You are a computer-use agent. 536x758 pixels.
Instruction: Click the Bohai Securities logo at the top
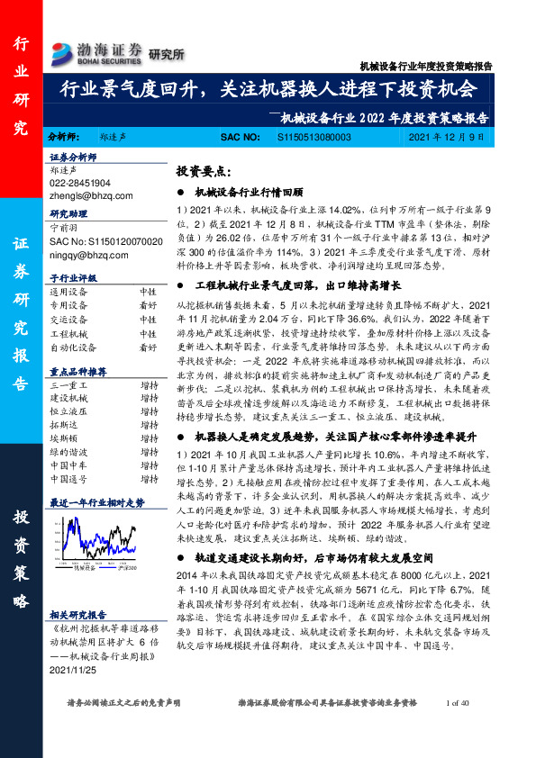coord(97,51)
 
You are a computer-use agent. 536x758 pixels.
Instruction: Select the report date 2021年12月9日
coord(452,137)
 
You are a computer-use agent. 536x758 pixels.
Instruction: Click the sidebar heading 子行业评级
coord(72,278)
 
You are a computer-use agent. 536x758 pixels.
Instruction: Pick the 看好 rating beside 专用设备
coord(148,304)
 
